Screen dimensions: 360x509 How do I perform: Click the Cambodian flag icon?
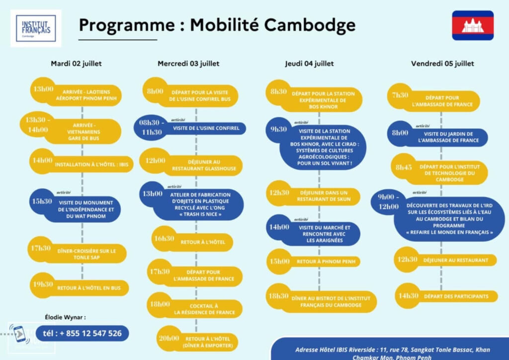pyautogui.click(x=472, y=25)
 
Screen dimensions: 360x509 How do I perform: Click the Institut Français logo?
pyautogui.click(x=36, y=28)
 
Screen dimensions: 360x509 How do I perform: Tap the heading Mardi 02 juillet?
pyautogui.click(x=76, y=64)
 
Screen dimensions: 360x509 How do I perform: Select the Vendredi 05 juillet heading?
pyautogui.click(x=442, y=64)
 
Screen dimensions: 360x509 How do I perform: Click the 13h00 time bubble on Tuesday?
pyautogui.click(x=43, y=90)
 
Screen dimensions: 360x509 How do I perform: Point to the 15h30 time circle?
pyautogui.click(x=42, y=201)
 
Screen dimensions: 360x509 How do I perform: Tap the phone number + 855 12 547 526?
pyautogui.click(x=82, y=333)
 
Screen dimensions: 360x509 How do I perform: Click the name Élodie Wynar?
pyautogui.click(x=65, y=317)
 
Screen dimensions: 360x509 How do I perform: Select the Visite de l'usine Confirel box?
pyautogui.click(x=206, y=128)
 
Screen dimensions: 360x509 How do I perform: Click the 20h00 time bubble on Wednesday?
pyautogui.click(x=169, y=338)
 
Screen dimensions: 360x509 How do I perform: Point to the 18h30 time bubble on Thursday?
pyautogui.click(x=279, y=296)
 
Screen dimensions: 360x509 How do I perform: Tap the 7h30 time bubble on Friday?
pyautogui.click(x=401, y=95)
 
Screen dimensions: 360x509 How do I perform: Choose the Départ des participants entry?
pyautogui.click(x=456, y=296)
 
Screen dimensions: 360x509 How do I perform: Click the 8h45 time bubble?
pyautogui.click(x=404, y=168)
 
